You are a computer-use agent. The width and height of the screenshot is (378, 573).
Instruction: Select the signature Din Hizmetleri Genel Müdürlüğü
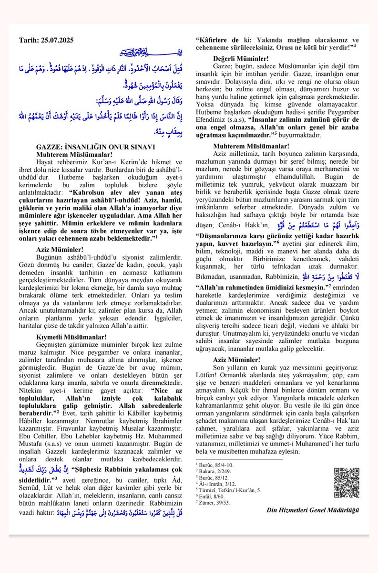313,510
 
